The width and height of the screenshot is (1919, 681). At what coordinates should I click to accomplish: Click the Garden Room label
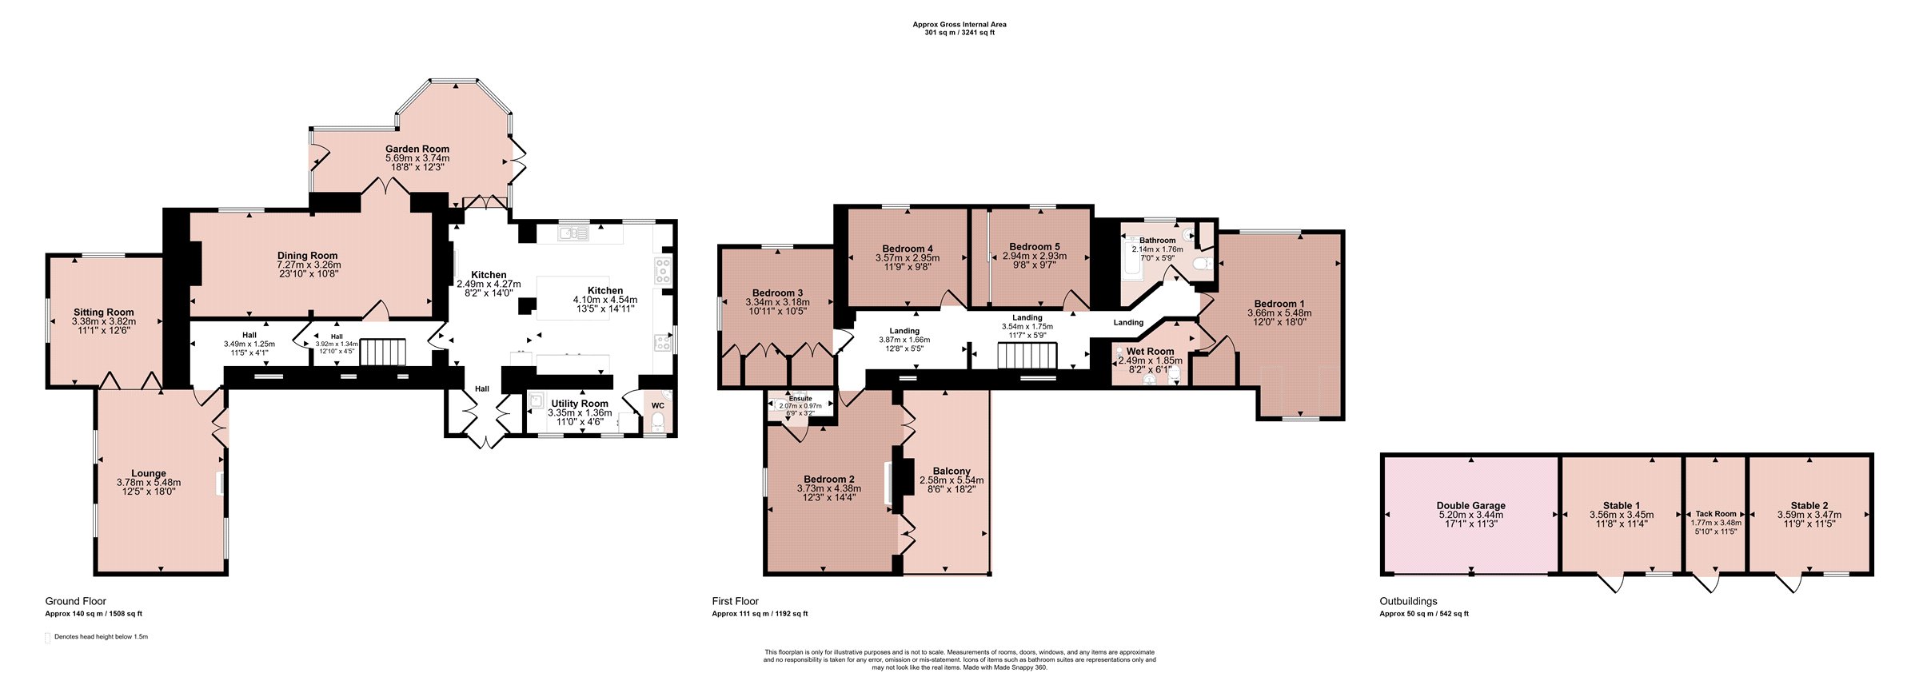[x=417, y=149]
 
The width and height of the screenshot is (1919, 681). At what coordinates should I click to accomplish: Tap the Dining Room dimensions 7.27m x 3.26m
[x=309, y=265]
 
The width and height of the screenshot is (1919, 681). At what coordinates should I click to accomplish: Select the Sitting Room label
[x=104, y=313]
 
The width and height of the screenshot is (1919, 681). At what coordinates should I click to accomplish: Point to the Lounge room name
[x=149, y=473]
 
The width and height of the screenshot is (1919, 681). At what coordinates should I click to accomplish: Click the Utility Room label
[x=580, y=404]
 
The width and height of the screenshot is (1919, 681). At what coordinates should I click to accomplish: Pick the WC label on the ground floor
[x=657, y=405]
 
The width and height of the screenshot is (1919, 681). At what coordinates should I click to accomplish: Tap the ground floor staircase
[x=383, y=352]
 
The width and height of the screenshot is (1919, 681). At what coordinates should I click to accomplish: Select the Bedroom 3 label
[x=777, y=293]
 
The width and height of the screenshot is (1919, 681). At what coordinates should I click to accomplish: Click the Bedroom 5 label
[x=1035, y=247]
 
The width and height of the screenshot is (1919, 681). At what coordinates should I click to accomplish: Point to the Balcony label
[x=952, y=472]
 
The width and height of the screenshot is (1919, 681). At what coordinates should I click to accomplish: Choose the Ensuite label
[x=800, y=398]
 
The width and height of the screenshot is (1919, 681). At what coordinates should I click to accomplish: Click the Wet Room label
[x=1150, y=352]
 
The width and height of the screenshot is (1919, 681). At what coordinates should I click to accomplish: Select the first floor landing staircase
[x=1027, y=355]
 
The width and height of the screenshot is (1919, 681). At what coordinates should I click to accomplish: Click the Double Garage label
[x=1470, y=505]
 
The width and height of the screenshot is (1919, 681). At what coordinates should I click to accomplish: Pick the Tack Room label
[x=1716, y=514]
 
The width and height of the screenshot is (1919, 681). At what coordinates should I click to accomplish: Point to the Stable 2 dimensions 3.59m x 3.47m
[x=1809, y=515]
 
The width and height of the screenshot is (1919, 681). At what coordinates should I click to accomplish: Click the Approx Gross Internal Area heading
[x=959, y=25]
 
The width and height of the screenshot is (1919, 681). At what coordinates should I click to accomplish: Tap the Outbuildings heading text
[x=1408, y=601]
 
